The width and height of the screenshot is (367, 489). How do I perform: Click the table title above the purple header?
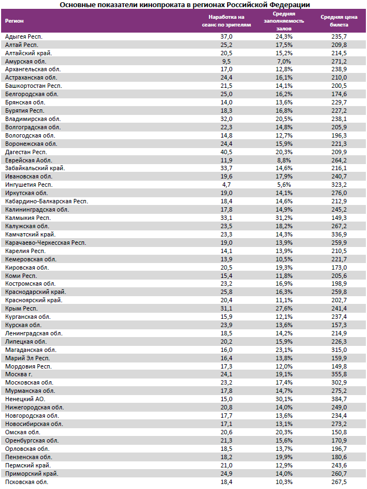(183, 4)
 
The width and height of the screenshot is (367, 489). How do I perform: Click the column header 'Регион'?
(14, 21)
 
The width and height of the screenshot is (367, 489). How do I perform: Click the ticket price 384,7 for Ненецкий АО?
(338, 398)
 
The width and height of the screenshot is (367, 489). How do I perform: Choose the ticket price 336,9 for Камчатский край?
(338, 234)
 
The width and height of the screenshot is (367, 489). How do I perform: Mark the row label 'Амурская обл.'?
(25, 61)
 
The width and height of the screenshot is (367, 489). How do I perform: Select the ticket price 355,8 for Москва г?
(338, 375)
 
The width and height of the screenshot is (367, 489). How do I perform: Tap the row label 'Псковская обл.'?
(27, 482)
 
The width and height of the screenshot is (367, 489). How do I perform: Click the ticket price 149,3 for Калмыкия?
(338, 218)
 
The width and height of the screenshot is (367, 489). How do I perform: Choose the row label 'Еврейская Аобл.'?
(28, 160)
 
